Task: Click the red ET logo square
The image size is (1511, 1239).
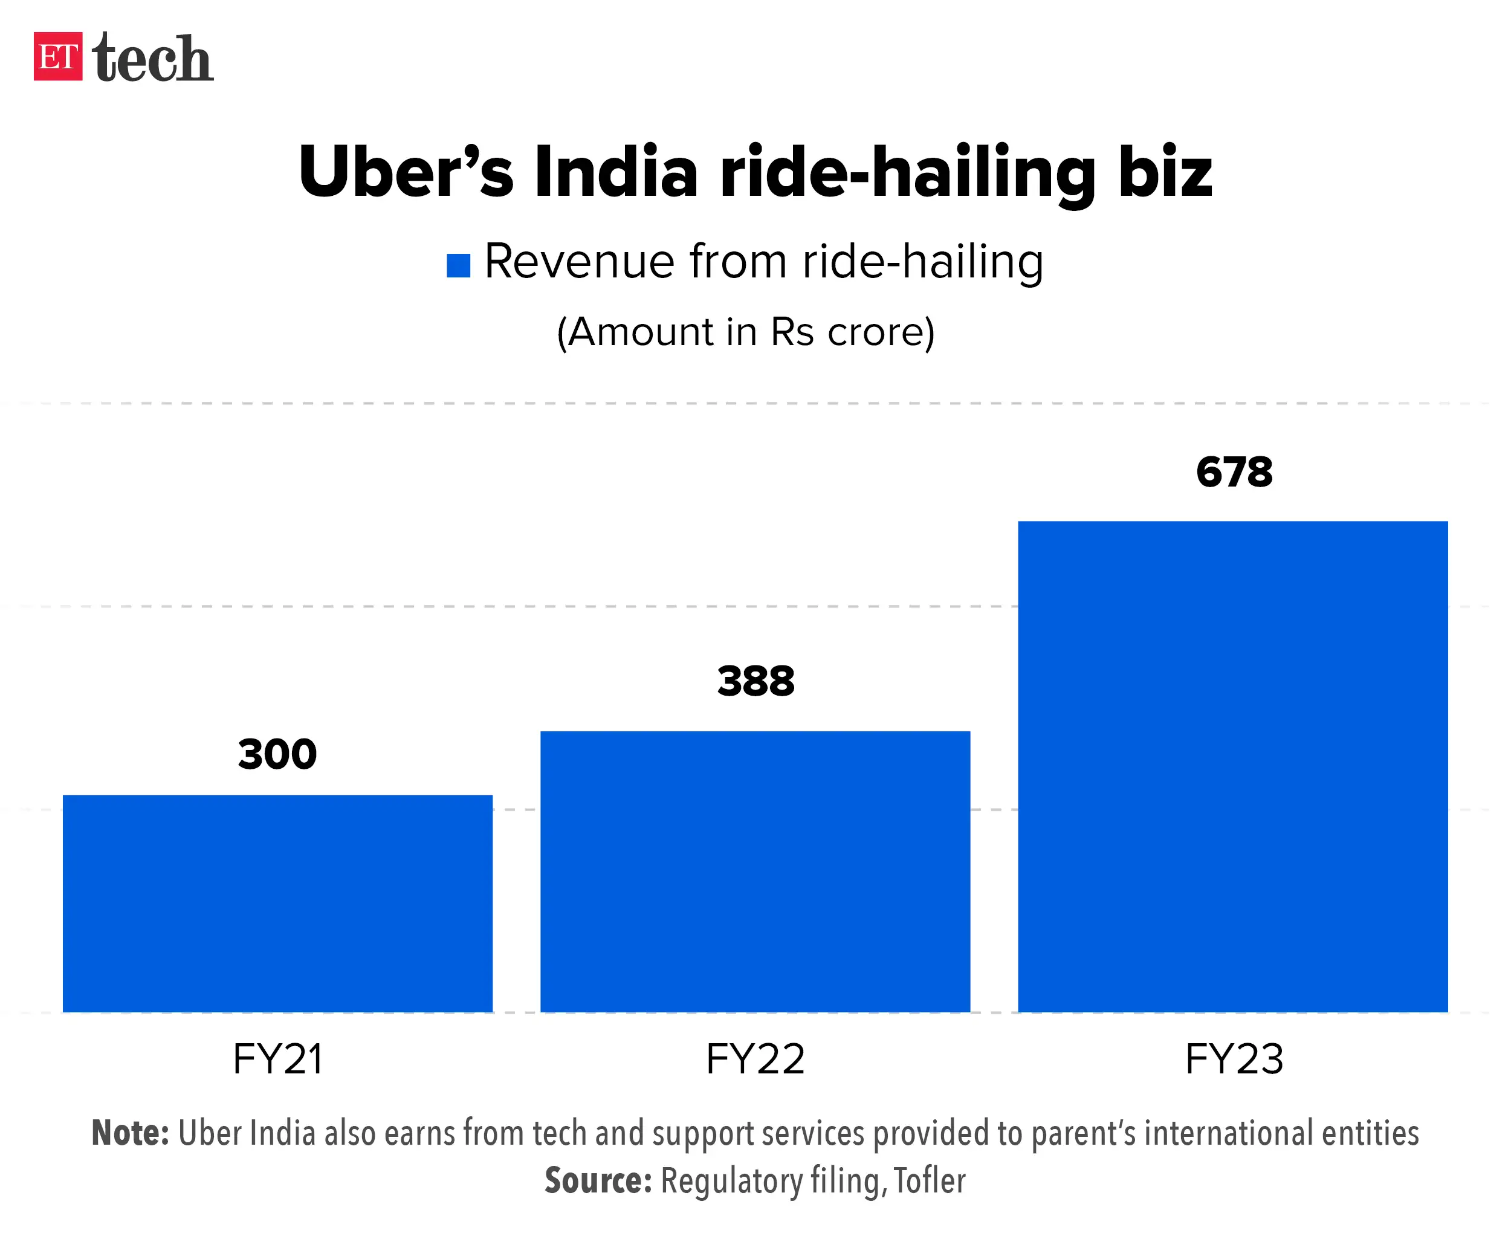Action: [58, 56]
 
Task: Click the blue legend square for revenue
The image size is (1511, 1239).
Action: [458, 265]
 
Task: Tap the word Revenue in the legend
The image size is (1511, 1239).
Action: [578, 261]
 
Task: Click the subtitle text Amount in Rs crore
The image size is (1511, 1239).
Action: [746, 332]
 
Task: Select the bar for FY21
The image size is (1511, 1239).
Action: [277, 903]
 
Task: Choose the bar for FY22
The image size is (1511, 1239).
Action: [755, 871]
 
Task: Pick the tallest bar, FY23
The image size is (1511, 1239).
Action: [1232, 766]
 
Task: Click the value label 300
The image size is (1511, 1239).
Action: [277, 754]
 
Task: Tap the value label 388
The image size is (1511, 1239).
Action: [755, 681]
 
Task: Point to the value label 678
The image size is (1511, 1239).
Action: [1234, 473]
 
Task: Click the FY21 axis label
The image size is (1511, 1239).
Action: [277, 1059]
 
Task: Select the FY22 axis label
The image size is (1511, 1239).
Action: [755, 1059]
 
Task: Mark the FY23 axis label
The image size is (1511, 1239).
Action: [1234, 1059]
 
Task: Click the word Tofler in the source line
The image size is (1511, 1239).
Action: [930, 1180]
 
